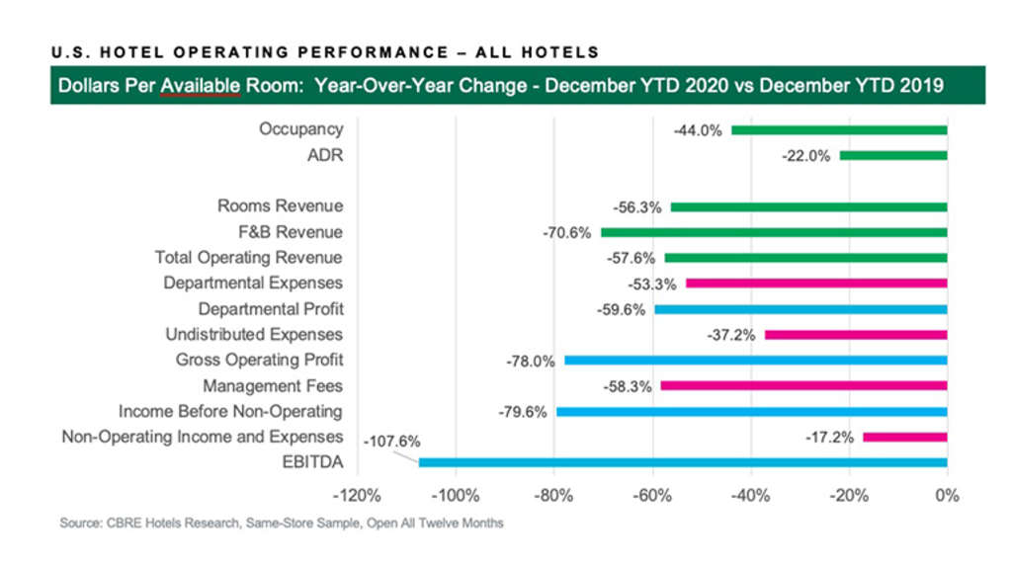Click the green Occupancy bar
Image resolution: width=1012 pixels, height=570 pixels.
[839, 129]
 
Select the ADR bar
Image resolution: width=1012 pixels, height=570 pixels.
[893, 155]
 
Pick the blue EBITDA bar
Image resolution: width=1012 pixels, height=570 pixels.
[683, 461]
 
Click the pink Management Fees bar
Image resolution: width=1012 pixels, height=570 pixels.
[803, 386]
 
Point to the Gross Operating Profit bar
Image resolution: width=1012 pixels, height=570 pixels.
[755, 361]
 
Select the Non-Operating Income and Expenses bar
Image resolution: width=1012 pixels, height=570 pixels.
[904, 437]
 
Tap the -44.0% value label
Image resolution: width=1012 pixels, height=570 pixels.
[699, 130]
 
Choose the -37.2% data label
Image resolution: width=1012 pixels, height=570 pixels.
[732, 335]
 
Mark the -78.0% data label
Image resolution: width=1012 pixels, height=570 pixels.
[531, 361]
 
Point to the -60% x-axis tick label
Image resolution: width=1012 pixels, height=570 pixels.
[652, 495]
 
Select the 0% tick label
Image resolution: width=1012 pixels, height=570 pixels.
[947, 495]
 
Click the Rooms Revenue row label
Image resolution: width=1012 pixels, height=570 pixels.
[281, 206]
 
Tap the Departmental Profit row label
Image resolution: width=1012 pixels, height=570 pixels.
[271, 308]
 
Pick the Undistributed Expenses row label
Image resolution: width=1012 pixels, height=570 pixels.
[254, 335]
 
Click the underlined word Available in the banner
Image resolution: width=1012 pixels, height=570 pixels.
[202, 86]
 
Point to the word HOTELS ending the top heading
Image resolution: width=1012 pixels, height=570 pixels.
[562, 51]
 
